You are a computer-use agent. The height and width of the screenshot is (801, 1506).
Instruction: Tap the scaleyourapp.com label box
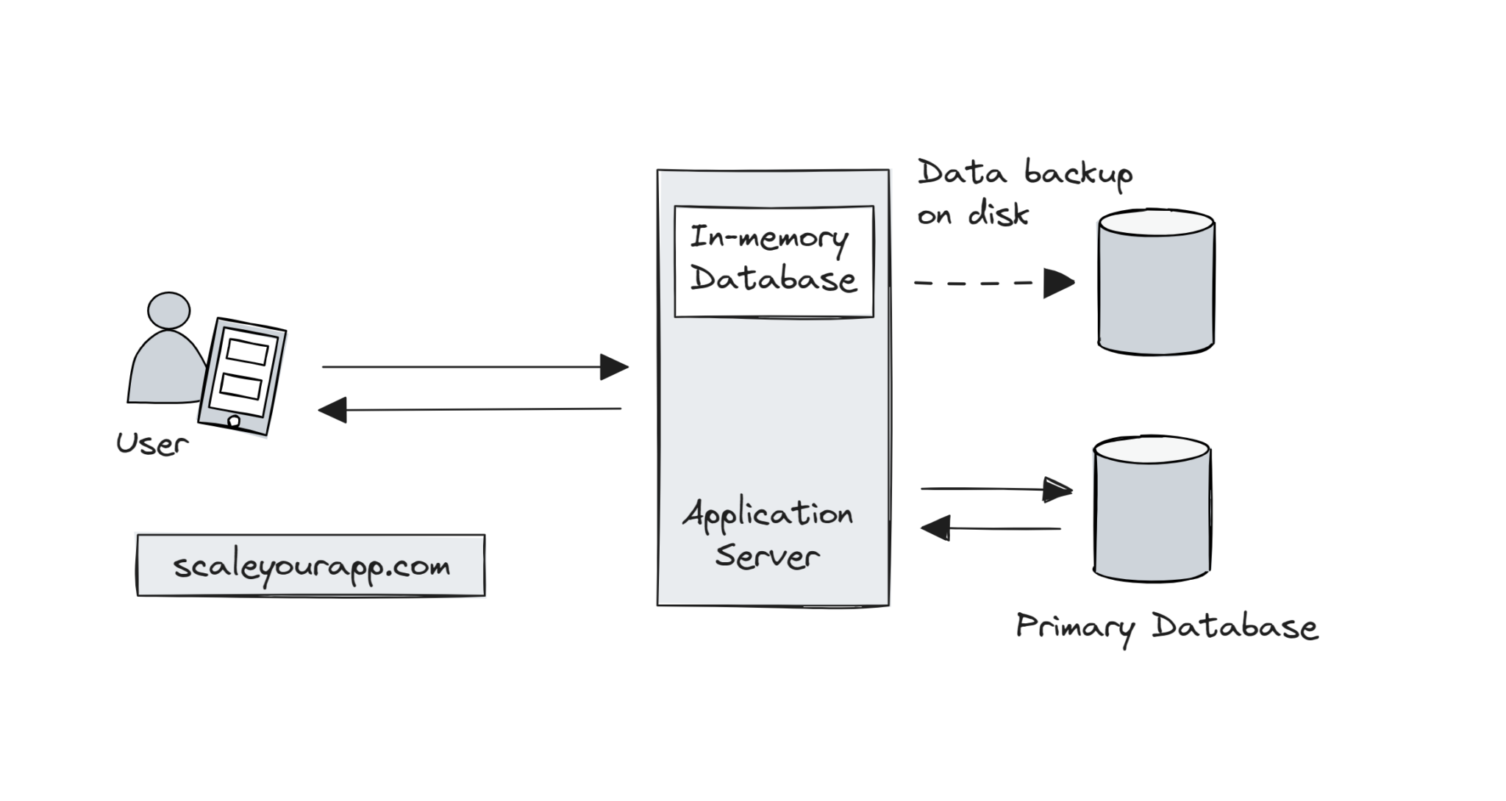point(310,566)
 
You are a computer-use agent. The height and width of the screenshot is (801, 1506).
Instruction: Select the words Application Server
point(768,535)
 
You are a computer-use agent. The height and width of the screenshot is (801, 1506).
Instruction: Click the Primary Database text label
point(1166,628)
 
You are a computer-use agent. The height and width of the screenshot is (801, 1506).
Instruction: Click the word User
point(152,444)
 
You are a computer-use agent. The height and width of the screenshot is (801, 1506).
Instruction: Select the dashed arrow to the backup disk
point(978,282)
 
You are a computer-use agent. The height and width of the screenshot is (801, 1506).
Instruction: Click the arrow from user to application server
point(471,367)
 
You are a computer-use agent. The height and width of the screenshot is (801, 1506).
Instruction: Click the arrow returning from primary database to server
point(993,528)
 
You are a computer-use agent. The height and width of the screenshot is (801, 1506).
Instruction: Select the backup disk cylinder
point(1155,283)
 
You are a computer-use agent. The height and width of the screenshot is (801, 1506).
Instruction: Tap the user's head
point(168,310)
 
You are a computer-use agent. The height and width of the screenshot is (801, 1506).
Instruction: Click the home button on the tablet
point(234,422)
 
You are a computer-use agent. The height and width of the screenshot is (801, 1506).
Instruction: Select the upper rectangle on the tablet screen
point(247,352)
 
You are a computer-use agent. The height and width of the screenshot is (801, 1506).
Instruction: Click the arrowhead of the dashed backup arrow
point(1059,283)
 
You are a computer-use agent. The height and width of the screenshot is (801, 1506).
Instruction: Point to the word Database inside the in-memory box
point(774,279)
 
